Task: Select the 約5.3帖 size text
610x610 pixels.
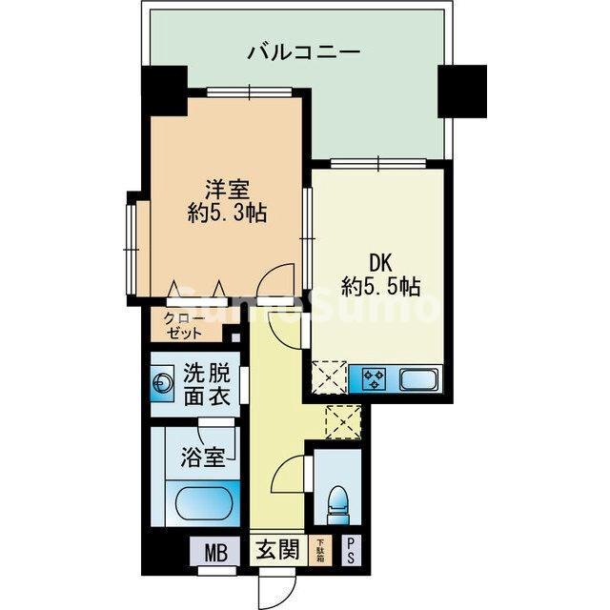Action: coord(226,213)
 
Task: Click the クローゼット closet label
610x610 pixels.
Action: coord(184,326)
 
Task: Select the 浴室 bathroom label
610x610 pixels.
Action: coord(202,457)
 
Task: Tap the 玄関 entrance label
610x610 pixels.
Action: coord(276,551)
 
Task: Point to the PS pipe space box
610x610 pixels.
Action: coord(351,551)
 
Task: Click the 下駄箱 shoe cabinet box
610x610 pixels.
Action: coord(321,551)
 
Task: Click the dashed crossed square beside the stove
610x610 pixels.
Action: coord(330,378)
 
